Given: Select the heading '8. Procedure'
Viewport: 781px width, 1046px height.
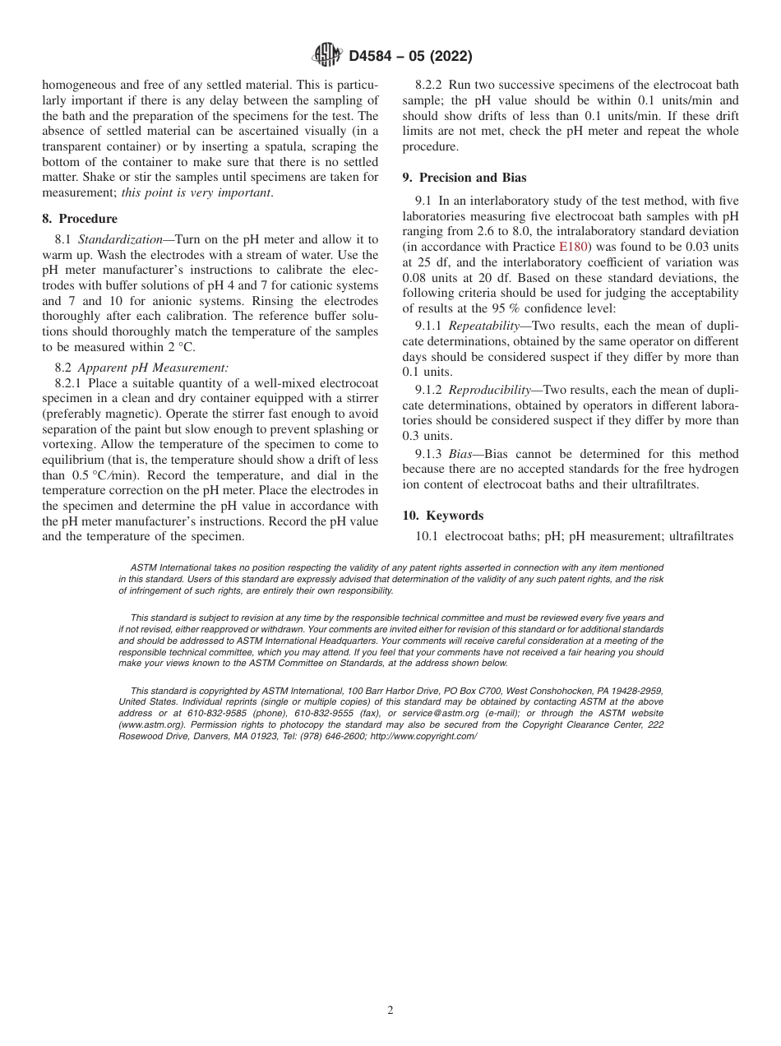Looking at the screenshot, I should tap(80, 219).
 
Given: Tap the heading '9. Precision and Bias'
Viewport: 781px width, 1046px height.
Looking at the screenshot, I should tap(464, 177).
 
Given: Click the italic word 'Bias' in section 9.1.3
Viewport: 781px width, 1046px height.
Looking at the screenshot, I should tap(460, 454).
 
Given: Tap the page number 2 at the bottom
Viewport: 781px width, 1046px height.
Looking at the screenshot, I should tap(390, 1011).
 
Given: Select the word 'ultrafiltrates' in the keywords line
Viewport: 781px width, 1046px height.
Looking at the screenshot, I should tap(701, 536).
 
